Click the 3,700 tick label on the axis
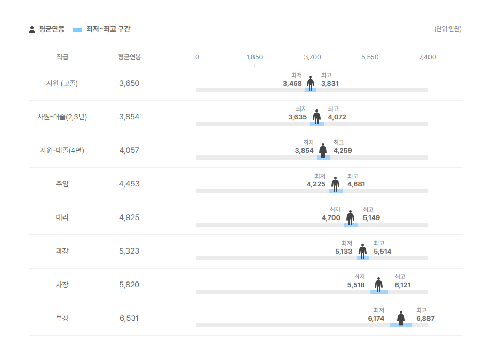point(312,57)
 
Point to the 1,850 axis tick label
point(255,57)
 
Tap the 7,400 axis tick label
point(427,57)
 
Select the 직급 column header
point(62,57)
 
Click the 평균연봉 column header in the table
point(129,57)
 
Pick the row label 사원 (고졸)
point(62,83)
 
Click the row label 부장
point(62,318)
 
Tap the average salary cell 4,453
point(129,184)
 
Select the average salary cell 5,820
point(129,285)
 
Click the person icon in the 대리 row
point(351,217)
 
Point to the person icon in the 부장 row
point(401,318)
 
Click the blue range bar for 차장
point(379,292)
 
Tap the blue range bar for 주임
point(336,191)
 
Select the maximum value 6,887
point(425,319)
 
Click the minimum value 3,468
point(292,84)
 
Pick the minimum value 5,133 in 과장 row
point(343,252)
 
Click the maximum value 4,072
point(337,117)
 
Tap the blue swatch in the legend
point(78,29)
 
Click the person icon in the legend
point(32,29)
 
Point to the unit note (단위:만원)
point(448,29)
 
